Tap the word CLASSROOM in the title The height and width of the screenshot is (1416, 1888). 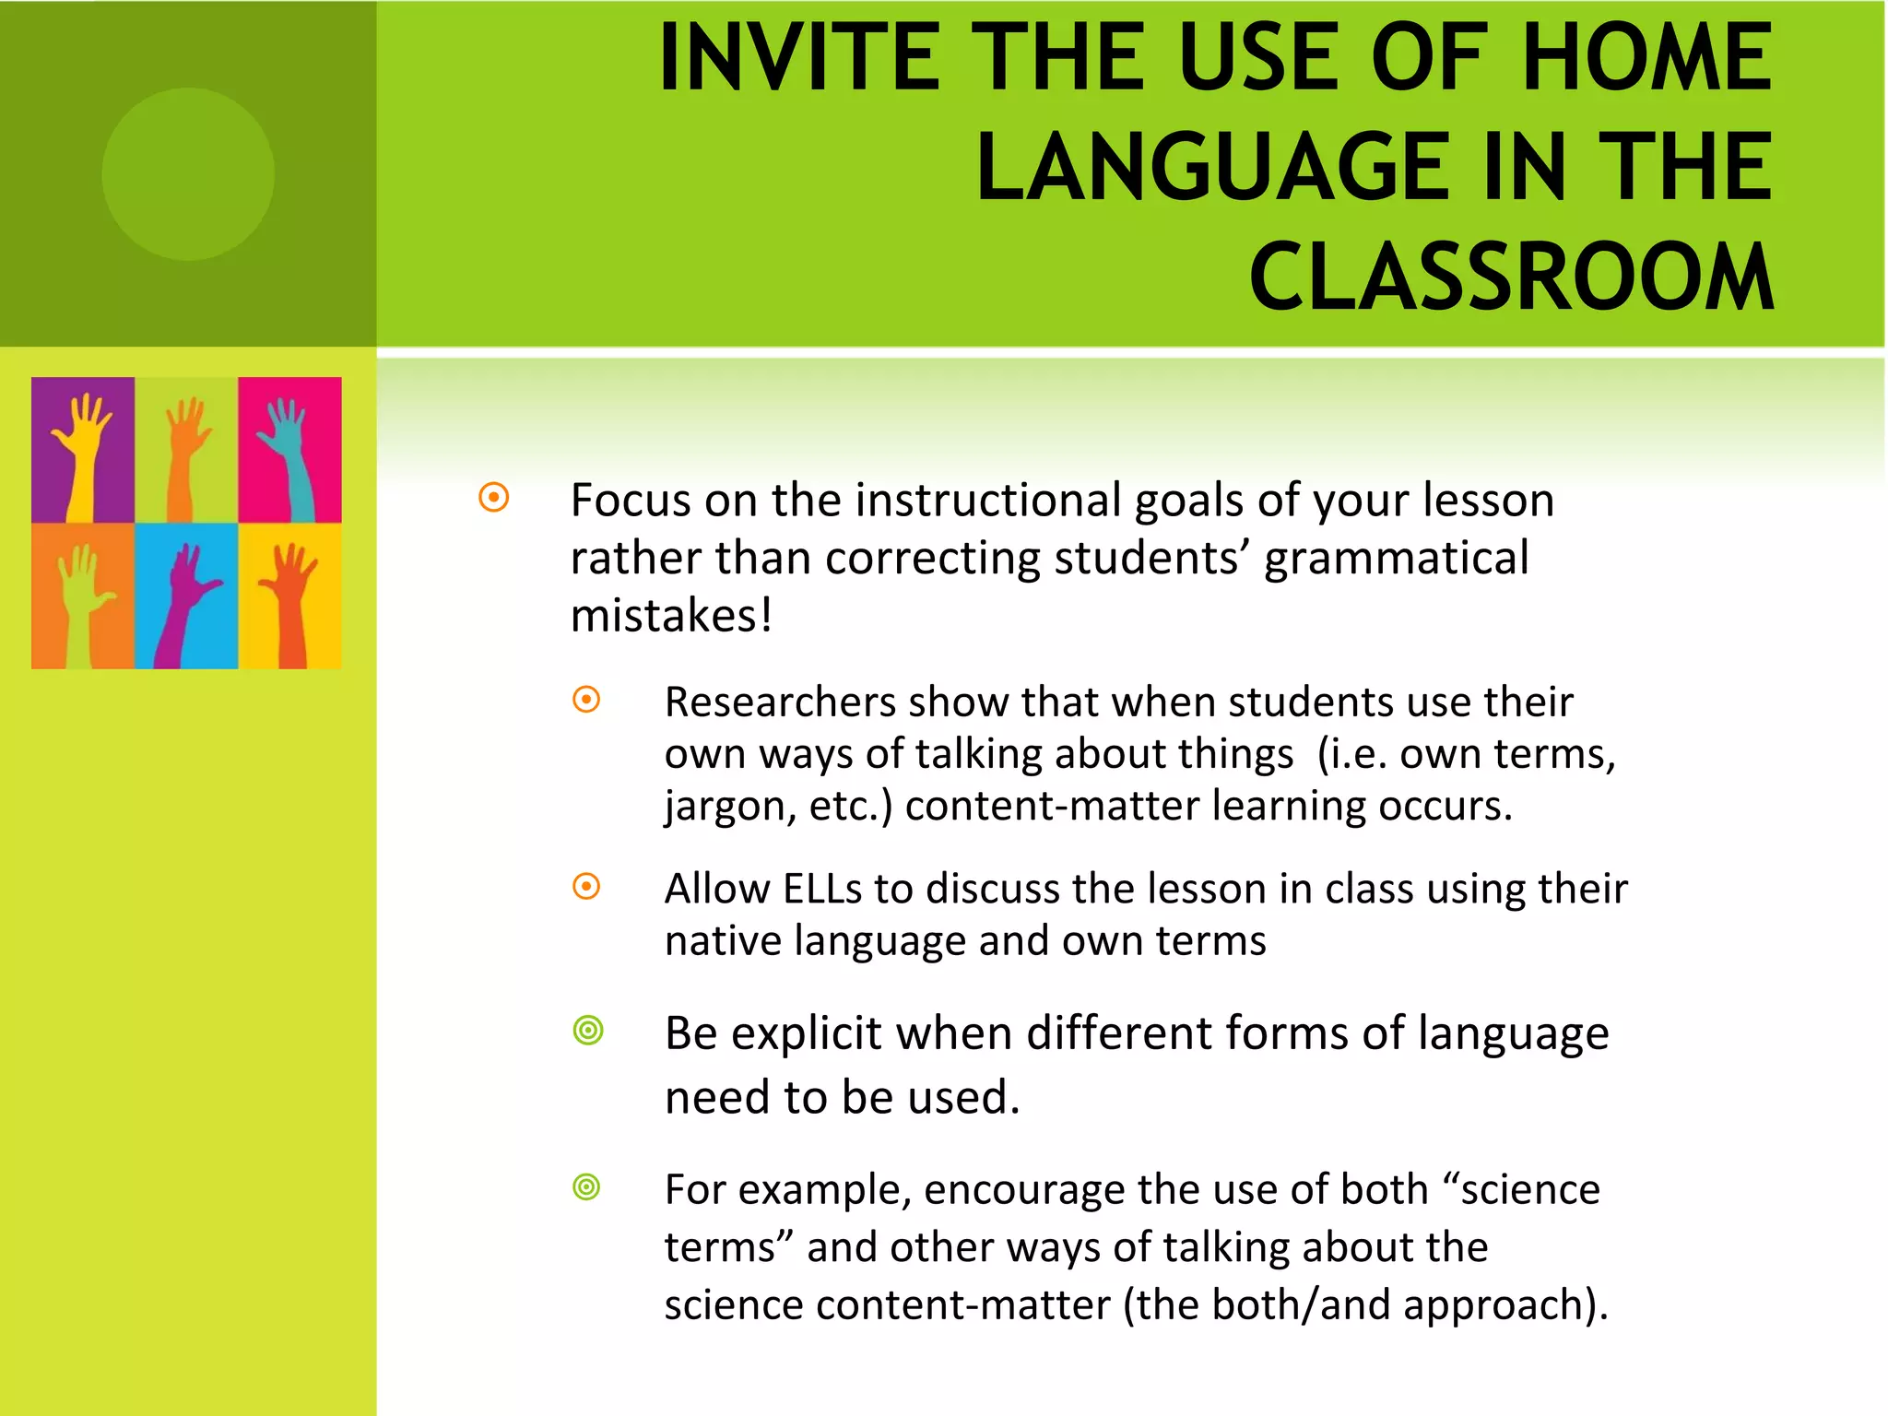[1511, 277]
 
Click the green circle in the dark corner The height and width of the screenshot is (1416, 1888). [188, 174]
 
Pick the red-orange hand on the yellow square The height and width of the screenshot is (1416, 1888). [290, 599]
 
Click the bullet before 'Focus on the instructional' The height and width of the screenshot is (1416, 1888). [494, 499]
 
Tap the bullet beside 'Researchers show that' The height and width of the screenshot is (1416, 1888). [586, 700]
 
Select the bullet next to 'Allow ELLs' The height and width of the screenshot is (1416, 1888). [586, 887]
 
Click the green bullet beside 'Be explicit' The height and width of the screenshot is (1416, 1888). [587, 1030]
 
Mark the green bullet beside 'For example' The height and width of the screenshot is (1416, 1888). [586, 1186]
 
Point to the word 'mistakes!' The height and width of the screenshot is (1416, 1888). [671, 616]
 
